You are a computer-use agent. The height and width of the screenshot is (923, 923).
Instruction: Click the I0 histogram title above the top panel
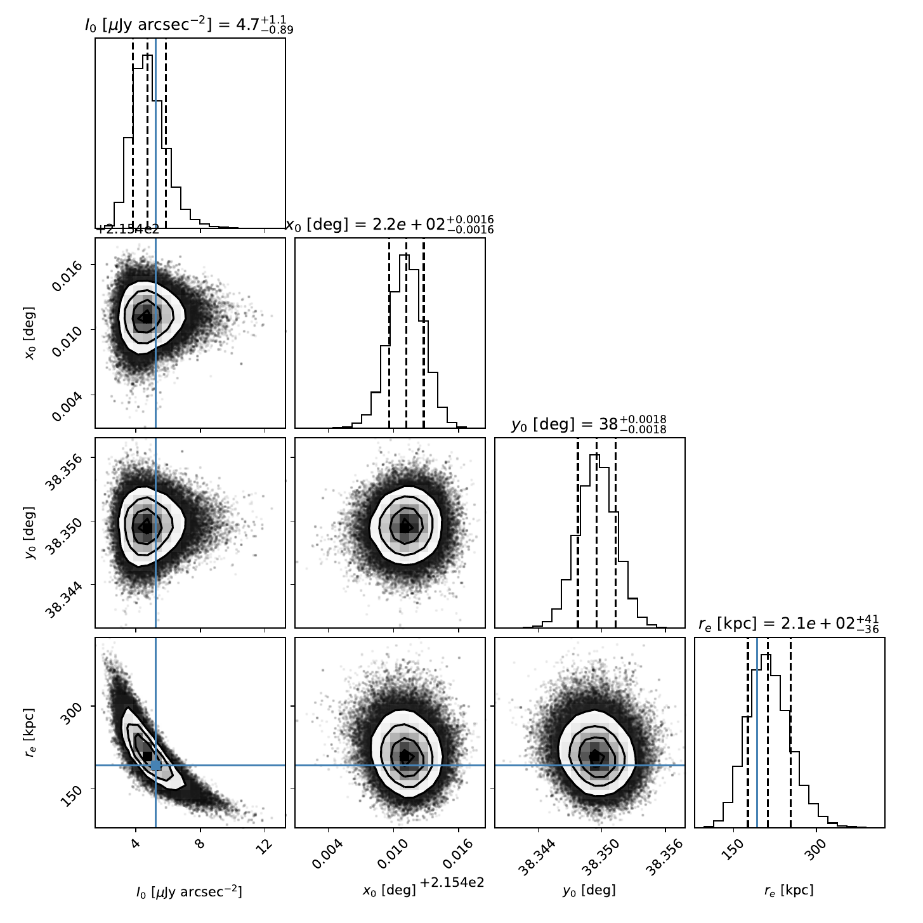(189, 24)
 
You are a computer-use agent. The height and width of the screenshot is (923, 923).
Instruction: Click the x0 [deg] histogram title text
(389, 224)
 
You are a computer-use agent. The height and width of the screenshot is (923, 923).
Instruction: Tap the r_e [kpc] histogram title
(789, 624)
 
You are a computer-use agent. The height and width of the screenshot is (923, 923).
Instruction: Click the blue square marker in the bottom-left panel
(155, 766)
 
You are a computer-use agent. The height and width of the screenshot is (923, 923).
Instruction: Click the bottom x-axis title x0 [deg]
(389, 891)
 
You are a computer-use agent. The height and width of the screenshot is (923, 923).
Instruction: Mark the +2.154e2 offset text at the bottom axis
(452, 883)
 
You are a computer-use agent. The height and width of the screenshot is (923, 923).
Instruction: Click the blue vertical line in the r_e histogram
(757, 732)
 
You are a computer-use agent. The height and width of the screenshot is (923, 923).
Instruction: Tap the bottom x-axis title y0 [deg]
(589, 891)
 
